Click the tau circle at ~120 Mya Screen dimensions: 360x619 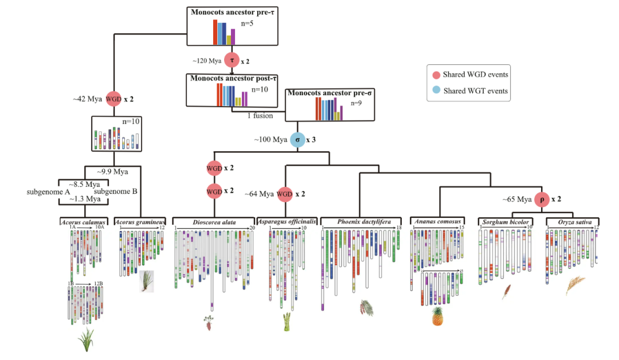tap(232, 60)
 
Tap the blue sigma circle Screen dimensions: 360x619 tap(297, 140)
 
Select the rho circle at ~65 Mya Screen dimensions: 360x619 tap(542, 200)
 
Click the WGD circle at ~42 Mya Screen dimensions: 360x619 tap(113, 99)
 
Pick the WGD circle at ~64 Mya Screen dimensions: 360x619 tap(285, 194)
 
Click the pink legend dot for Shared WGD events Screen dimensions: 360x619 tap(436, 75)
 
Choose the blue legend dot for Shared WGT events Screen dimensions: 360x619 tap(436, 91)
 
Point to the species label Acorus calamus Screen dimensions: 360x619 tap(83, 221)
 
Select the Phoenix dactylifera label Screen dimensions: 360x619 tap(360, 221)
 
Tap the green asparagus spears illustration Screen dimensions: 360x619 tap(286, 322)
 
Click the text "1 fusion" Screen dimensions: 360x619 tap(260, 116)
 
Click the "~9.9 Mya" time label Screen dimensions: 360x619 tap(112, 171)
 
